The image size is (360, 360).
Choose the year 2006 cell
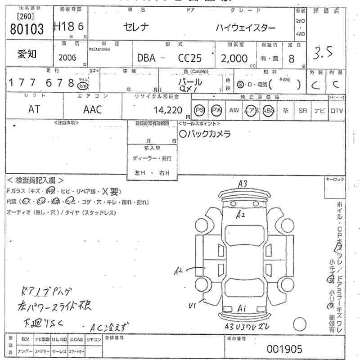click(68, 58)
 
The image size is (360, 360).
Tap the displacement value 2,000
click(234, 58)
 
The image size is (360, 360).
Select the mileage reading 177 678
click(41, 83)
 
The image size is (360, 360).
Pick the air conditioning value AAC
click(92, 109)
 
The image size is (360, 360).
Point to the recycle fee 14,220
click(167, 109)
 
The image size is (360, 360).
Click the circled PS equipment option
click(199, 110)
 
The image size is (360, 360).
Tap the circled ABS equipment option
click(268, 110)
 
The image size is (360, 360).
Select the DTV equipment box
click(337, 110)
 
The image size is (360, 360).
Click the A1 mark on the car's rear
click(242, 308)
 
